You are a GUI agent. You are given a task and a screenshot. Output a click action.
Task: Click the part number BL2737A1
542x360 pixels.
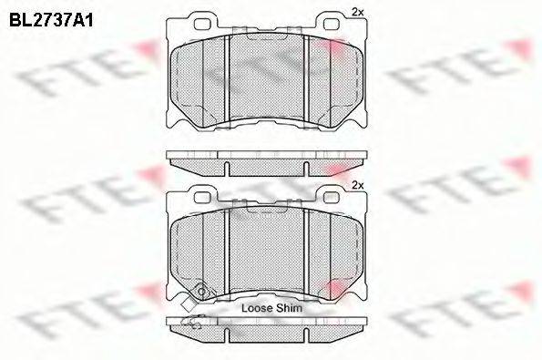click(51, 21)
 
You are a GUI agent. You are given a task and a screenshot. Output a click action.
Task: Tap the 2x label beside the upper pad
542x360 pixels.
click(358, 12)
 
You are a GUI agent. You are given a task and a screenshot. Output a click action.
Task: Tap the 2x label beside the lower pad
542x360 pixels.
click(358, 185)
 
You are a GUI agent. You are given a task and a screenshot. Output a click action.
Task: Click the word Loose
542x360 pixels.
click(256, 308)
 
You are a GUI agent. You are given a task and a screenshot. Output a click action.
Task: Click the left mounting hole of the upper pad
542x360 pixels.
click(202, 24)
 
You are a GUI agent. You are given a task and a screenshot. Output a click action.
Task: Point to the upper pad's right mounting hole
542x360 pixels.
click(332, 24)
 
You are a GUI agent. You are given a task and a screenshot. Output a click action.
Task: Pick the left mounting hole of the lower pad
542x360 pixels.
click(202, 197)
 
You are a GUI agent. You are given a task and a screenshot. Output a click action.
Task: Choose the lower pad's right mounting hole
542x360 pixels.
click(332, 197)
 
